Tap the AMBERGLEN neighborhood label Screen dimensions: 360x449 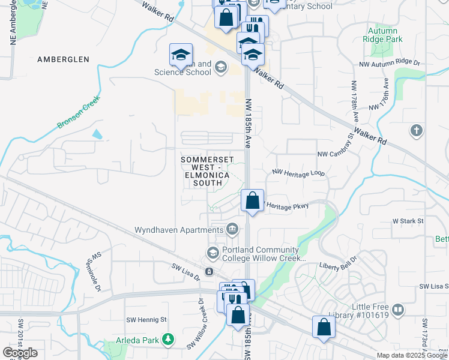pyautogui.click(x=63, y=59)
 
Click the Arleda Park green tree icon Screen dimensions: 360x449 pyautogui.click(x=169, y=340)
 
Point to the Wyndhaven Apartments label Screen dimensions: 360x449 pyautogui.click(x=178, y=230)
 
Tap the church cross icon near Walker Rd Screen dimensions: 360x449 pyautogui.click(x=416, y=130)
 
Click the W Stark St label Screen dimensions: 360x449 pyautogui.click(x=408, y=221)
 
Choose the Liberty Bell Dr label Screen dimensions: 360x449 pyautogui.click(x=338, y=263)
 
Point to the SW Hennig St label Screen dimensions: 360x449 pyautogui.click(x=146, y=319)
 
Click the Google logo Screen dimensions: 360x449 pyautogui.click(x=20, y=353)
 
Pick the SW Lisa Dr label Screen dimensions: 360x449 pyautogui.click(x=185, y=271)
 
